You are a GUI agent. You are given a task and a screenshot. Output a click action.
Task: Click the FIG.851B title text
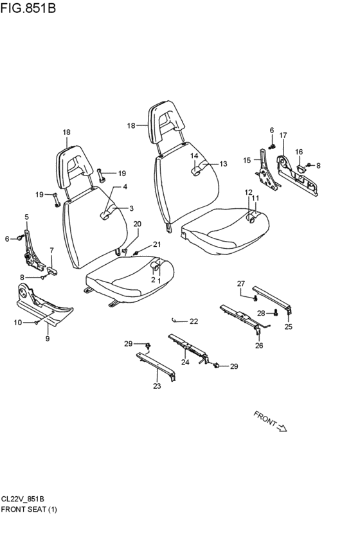pos(28,8)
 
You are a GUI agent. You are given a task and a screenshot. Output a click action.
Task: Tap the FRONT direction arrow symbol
pos(282,427)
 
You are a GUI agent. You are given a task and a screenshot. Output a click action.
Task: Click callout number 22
pos(194,321)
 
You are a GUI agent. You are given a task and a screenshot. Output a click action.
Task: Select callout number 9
pos(48,338)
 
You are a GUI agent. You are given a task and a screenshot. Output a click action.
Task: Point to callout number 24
pos(185,362)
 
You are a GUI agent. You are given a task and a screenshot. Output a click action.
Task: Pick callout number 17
pos(283,135)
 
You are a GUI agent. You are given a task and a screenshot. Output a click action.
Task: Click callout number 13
pos(223,164)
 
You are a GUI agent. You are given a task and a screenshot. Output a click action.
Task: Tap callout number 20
pos(138,224)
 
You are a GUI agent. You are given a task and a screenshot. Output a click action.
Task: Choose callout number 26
pos(259,345)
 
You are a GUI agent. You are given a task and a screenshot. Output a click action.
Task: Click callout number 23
pos(157,386)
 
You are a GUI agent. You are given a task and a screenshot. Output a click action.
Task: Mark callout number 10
pos(18,323)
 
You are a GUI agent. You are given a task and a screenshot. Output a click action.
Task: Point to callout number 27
pos(241,283)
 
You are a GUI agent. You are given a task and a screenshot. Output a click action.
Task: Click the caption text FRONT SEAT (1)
pos(28,509)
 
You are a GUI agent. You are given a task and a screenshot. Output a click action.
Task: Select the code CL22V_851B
pos(22,499)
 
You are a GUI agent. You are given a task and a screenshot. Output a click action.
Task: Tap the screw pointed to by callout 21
pos(136,252)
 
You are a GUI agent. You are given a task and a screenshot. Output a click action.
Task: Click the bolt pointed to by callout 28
pos(276,313)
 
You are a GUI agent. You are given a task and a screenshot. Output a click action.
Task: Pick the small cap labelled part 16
pos(300,169)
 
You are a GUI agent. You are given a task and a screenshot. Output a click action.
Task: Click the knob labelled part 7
pos(52,271)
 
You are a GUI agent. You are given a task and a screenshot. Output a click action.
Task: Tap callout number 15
pos(247,160)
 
